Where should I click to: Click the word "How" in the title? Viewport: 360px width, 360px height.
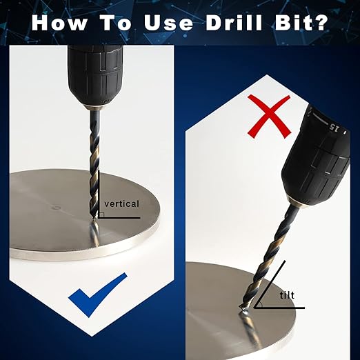click(x=59, y=23)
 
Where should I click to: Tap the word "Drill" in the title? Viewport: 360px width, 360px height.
click(x=234, y=23)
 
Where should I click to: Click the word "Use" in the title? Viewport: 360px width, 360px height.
click(x=169, y=23)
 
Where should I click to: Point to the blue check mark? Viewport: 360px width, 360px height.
click(x=98, y=294)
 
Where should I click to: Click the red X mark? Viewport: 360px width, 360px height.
click(x=269, y=117)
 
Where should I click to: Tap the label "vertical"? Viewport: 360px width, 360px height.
click(x=121, y=203)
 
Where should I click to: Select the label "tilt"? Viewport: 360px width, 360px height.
click(x=287, y=295)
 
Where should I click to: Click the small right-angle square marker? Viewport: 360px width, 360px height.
click(x=102, y=214)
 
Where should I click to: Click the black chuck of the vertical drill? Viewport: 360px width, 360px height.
click(x=95, y=74)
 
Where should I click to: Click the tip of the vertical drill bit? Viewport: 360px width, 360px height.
click(x=94, y=220)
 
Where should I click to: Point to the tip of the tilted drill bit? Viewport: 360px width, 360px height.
click(x=241, y=308)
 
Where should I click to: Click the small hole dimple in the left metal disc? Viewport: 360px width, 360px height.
click(x=56, y=208)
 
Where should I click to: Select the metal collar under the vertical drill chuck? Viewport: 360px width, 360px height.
click(x=95, y=108)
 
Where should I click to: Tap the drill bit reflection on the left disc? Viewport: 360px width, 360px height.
click(x=95, y=232)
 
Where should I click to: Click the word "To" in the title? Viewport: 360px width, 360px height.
click(x=116, y=23)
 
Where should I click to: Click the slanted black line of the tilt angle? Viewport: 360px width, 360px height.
click(x=270, y=284)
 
